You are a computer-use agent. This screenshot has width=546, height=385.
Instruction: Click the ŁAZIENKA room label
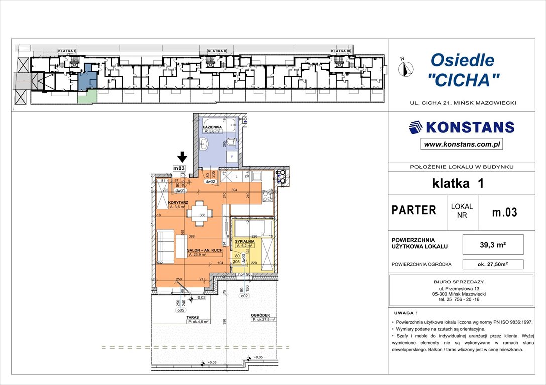pos(212,127)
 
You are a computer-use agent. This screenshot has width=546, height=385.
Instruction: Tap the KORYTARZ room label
pos(178,202)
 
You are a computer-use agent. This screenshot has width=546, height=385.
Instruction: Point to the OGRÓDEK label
pos(261,315)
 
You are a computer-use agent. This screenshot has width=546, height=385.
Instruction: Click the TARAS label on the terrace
pos(194,317)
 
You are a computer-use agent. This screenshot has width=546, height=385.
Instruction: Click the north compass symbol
pos(406,67)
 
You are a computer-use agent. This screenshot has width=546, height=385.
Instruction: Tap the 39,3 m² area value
pos(492,245)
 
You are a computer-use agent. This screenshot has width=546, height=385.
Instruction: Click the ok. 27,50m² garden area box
pos(492,264)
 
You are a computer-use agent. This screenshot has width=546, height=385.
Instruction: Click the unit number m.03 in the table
pos(504,212)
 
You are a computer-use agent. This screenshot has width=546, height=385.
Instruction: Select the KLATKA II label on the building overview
pos(217,51)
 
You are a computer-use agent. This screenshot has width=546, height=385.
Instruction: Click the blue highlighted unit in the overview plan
pos(89,78)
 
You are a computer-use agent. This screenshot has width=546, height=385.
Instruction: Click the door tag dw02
pos(210,182)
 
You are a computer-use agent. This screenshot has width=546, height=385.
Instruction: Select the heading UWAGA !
pos(406,312)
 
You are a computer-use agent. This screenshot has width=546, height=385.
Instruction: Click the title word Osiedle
pos(462,60)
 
